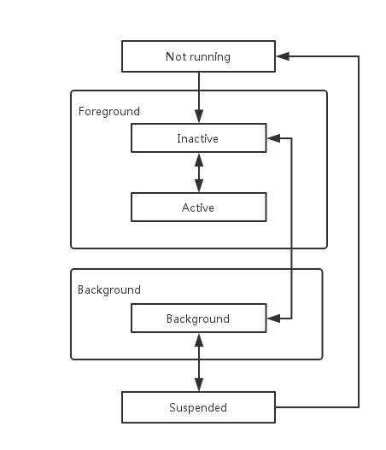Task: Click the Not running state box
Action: coord(198,56)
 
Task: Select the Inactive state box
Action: coord(199,138)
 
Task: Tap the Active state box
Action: coord(199,207)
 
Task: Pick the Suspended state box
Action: coord(198,407)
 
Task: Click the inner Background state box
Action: coord(199,319)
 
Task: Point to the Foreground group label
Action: coord(109,112)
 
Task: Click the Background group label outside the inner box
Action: coord(109,290)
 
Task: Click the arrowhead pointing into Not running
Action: coord(283,56)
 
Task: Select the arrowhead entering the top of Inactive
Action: coord(199,116)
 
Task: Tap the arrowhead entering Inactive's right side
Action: coord(273,138)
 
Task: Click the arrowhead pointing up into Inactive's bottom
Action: coord(199,160)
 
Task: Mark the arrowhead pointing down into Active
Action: coord(199,185)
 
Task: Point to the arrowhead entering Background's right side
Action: coord(273,319)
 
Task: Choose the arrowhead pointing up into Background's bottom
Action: coord(199,340)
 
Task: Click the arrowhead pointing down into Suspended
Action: coord(199,384)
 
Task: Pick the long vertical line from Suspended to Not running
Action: coord(359,231)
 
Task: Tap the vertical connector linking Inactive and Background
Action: coord(291,228)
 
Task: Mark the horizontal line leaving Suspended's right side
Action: coord(317,407)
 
